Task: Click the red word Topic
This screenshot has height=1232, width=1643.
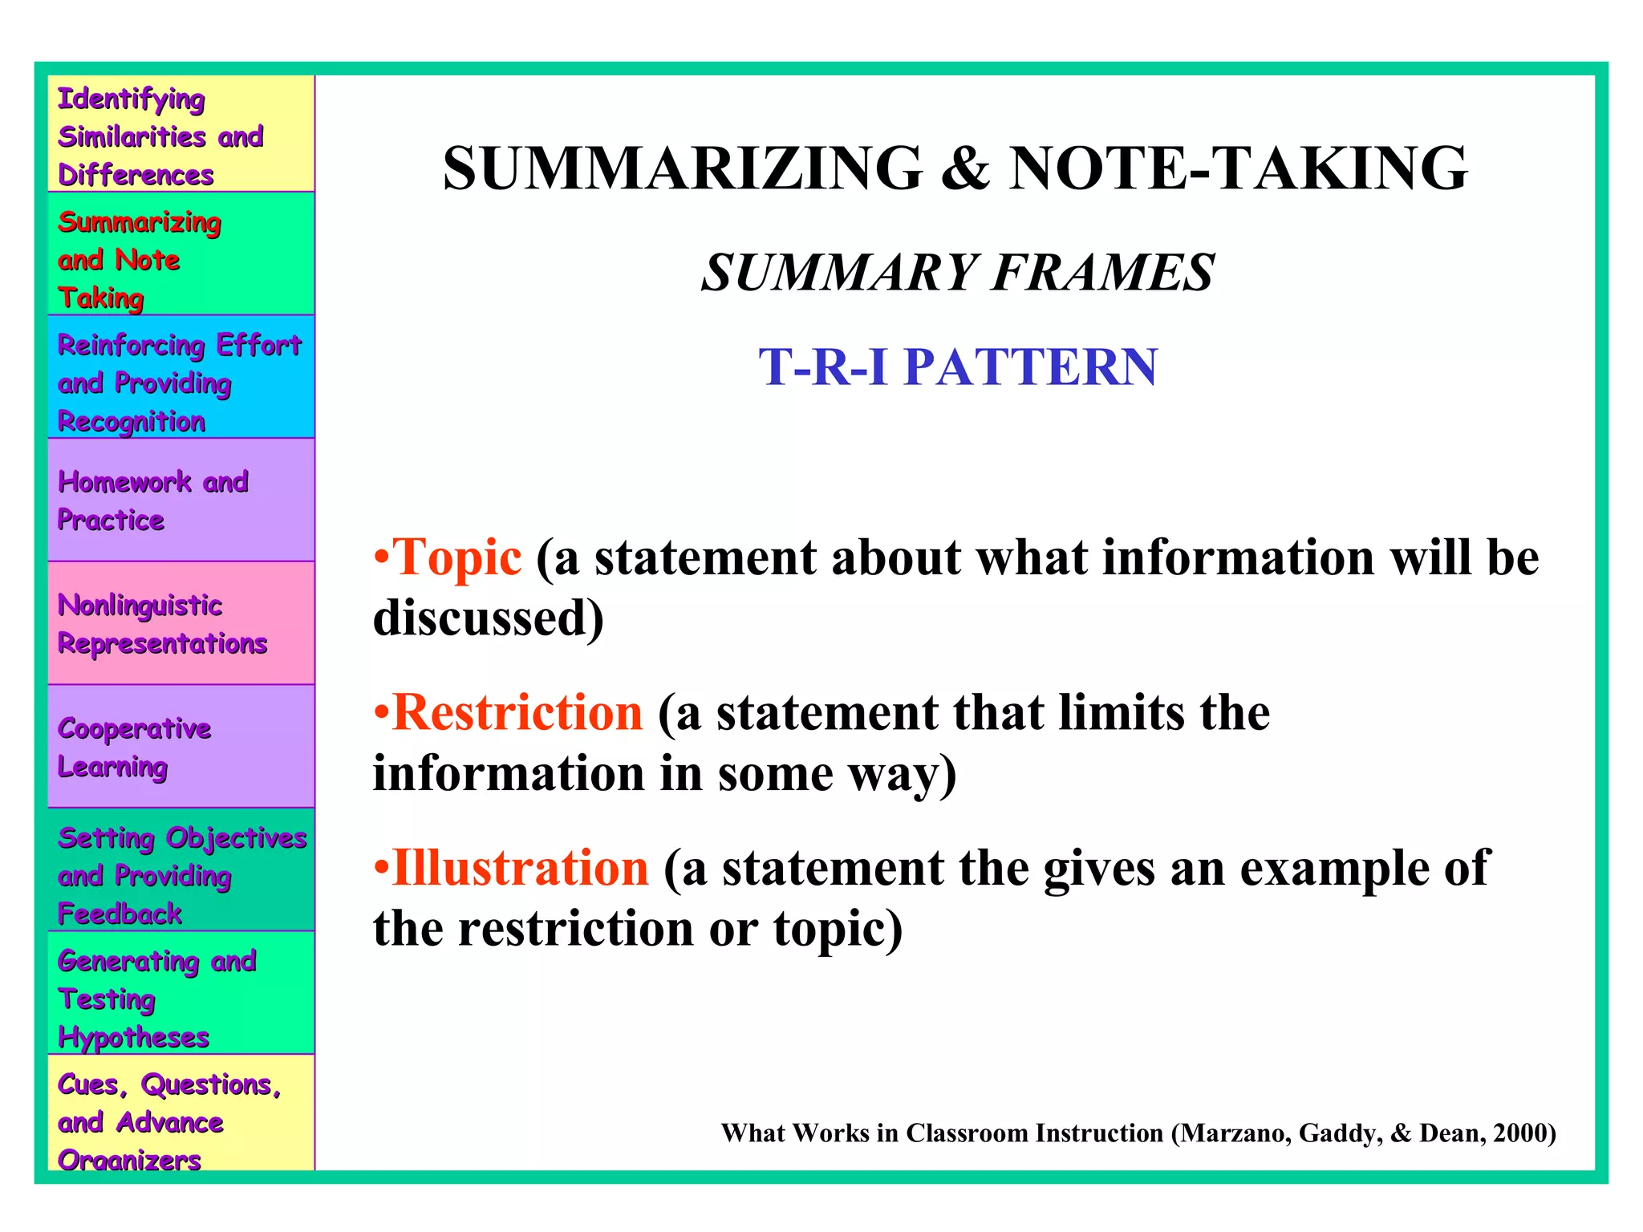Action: point(457,557)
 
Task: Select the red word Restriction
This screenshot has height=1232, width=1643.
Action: point(518,712)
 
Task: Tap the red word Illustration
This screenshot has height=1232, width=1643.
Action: point(521,868)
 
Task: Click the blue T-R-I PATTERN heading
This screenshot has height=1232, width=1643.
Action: point(958,367)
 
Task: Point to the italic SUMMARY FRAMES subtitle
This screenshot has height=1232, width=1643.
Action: point(958,273)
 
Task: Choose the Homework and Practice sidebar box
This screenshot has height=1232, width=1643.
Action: point(181,500)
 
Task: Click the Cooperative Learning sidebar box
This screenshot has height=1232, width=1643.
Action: point(181,746)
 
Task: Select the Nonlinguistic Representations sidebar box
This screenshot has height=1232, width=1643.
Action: point(181,623)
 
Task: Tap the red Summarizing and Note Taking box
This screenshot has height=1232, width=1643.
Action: point(181,253)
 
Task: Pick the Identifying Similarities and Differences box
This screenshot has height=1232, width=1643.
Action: point(181,134)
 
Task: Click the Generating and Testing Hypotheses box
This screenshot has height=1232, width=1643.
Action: point(181,993)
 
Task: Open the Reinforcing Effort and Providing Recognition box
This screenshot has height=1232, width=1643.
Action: point(181,377)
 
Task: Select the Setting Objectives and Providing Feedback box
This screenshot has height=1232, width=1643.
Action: point(181,869)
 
